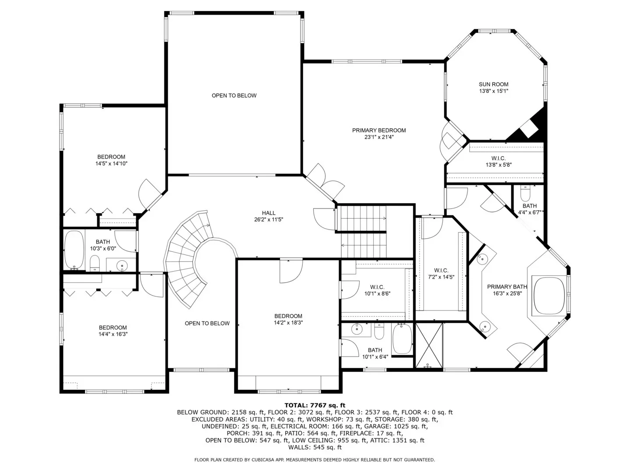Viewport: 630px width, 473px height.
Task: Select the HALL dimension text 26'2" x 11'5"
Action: [x=269, y=220]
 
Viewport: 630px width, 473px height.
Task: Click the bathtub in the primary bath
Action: [x=549, y=296]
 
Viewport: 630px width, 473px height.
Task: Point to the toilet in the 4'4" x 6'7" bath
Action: [x=525, y=194]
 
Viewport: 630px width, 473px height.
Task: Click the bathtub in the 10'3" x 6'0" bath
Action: [x=74, y=250]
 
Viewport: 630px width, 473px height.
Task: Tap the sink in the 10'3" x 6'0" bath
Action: [x=122, y=265]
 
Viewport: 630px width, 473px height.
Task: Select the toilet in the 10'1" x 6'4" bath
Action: [x=379, y=331]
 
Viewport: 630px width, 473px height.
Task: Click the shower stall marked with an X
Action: [x=429, y=346]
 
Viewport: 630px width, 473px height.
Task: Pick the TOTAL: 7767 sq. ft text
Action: [x=315, y=405]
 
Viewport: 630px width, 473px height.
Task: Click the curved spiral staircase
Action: [x=189, y=258]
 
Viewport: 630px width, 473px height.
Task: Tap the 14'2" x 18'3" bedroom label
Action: [x=288, y=319]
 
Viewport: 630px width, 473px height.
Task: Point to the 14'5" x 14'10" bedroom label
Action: [x=112, y=160]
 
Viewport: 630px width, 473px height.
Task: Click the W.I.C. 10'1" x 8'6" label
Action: [x=377, y=290]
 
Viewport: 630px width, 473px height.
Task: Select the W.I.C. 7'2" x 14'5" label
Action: [x=441, y=274]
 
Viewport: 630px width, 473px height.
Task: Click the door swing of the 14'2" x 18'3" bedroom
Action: [x=291, y=271]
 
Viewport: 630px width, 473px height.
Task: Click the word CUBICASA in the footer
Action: [x=264, y=460]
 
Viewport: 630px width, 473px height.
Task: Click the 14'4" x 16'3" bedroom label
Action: [x=113, y=331]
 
